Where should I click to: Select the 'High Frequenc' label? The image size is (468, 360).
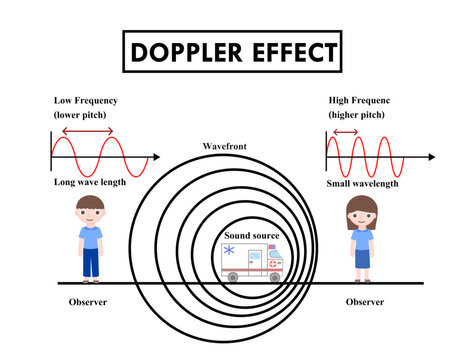click(364, 101)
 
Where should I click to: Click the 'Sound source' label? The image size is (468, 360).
click(252, 236)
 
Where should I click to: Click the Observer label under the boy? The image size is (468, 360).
click(87, 302)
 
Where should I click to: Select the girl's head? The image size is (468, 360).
click(359, 212)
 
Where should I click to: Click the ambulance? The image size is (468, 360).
click(251, 262)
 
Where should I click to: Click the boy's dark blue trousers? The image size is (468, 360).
click(91, 262)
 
